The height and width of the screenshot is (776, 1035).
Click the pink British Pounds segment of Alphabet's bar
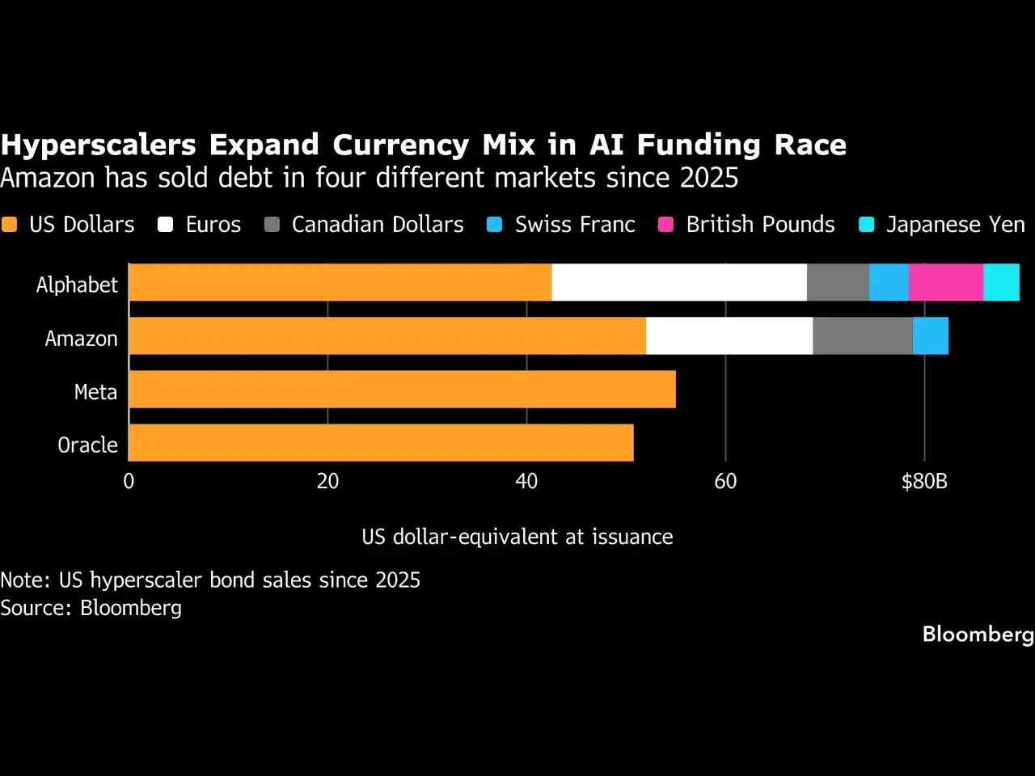(946, 282)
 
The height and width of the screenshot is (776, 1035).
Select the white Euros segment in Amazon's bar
(729, 336)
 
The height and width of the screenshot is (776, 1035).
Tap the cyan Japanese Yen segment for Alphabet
(1002, 282)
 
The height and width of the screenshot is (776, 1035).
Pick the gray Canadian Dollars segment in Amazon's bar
(863, 336)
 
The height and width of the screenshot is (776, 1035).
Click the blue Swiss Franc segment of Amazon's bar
(931, 336)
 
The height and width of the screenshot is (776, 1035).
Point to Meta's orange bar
(402, 389)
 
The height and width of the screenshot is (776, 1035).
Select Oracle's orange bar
(381, 442)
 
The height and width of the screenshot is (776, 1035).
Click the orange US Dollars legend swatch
(9, 224)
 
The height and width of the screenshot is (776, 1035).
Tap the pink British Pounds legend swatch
(665, 224)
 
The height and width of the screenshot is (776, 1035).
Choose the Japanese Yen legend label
(955, 224)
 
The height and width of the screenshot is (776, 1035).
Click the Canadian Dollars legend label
(378, 224)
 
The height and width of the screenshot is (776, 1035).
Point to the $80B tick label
(924, 482)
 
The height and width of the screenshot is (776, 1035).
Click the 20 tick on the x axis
(327, 482)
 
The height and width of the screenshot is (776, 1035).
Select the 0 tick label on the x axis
(129, 482)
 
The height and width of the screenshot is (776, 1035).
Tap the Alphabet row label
(77, 285)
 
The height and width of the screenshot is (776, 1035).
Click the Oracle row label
(87, 445)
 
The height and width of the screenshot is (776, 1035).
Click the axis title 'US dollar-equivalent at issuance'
(517, 537)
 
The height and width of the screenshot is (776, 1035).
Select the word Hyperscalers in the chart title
(98, 145)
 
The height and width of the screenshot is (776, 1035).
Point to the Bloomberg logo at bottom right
(978, 635)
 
